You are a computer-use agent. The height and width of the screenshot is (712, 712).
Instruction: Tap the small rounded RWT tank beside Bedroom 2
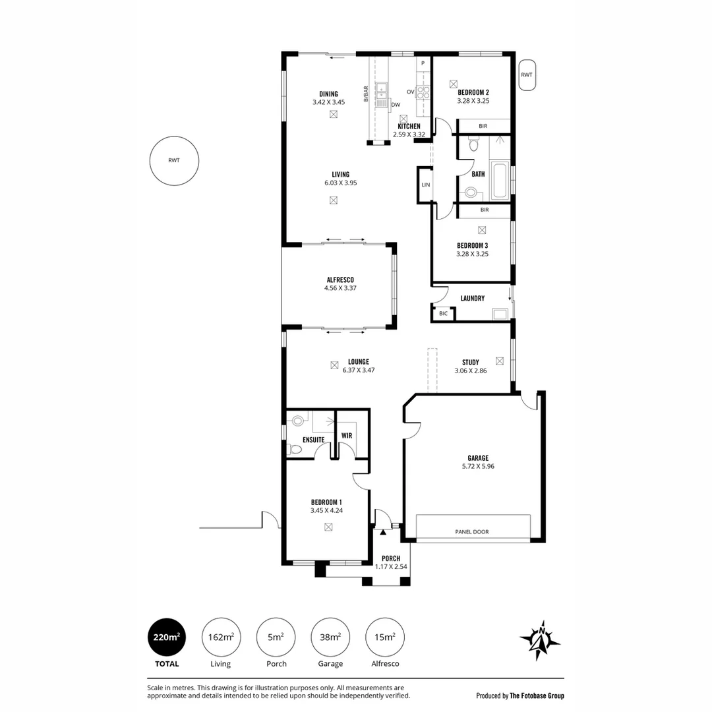pyautogui.click(x=527, y=75)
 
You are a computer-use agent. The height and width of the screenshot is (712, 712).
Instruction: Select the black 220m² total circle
pyautogui.click(x=167, y=637)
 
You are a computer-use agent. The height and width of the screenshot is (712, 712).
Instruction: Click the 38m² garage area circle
pyautogui.click(x=330, y=637)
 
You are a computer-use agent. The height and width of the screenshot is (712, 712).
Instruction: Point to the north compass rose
pyautogui.click(x=541, y=640)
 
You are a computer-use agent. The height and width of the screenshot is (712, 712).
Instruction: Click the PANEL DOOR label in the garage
pyautogui.click(x=472, y=532)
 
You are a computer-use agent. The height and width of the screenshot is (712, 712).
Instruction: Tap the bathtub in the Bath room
pyautogui.click(x=500, y=181)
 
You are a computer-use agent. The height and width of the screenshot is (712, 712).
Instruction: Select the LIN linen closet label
pyautogui.click(x=426, y=185)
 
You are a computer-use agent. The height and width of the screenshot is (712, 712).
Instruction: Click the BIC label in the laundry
pyautogui.click(x=443, y=313)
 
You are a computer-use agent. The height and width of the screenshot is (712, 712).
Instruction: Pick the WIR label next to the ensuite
pyautogui.click(x=347, y=436)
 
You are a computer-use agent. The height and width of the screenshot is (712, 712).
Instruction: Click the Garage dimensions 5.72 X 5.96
pyautogui.click(x=478, y=466)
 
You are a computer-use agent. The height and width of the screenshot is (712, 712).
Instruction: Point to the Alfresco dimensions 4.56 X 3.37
pyautogui.click(x=340, y=288)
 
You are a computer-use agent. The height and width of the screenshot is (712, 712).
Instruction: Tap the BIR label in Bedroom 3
pyautogui.click(x=485, y=210)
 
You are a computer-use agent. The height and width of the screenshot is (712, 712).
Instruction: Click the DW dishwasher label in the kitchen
pyautogui.click(x=396, y=104)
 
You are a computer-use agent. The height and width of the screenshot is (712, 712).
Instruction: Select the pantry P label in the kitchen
pyautogui.click(x=423, y=63)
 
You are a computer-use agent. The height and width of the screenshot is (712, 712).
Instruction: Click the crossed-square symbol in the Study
pyautogui.click(x=500, y=361)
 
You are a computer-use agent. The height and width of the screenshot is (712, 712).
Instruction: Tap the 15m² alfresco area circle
pyautogui.click(x=384, y=637)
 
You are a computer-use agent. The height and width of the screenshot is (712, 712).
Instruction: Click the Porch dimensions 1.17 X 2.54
pyautogui.click(x=391, y=567)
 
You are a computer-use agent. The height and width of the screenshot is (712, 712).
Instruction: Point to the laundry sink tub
pyautogui.click(x=500, y=314)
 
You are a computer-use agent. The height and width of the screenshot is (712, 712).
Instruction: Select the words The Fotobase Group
pyautogui.click(x=537, y=696)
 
